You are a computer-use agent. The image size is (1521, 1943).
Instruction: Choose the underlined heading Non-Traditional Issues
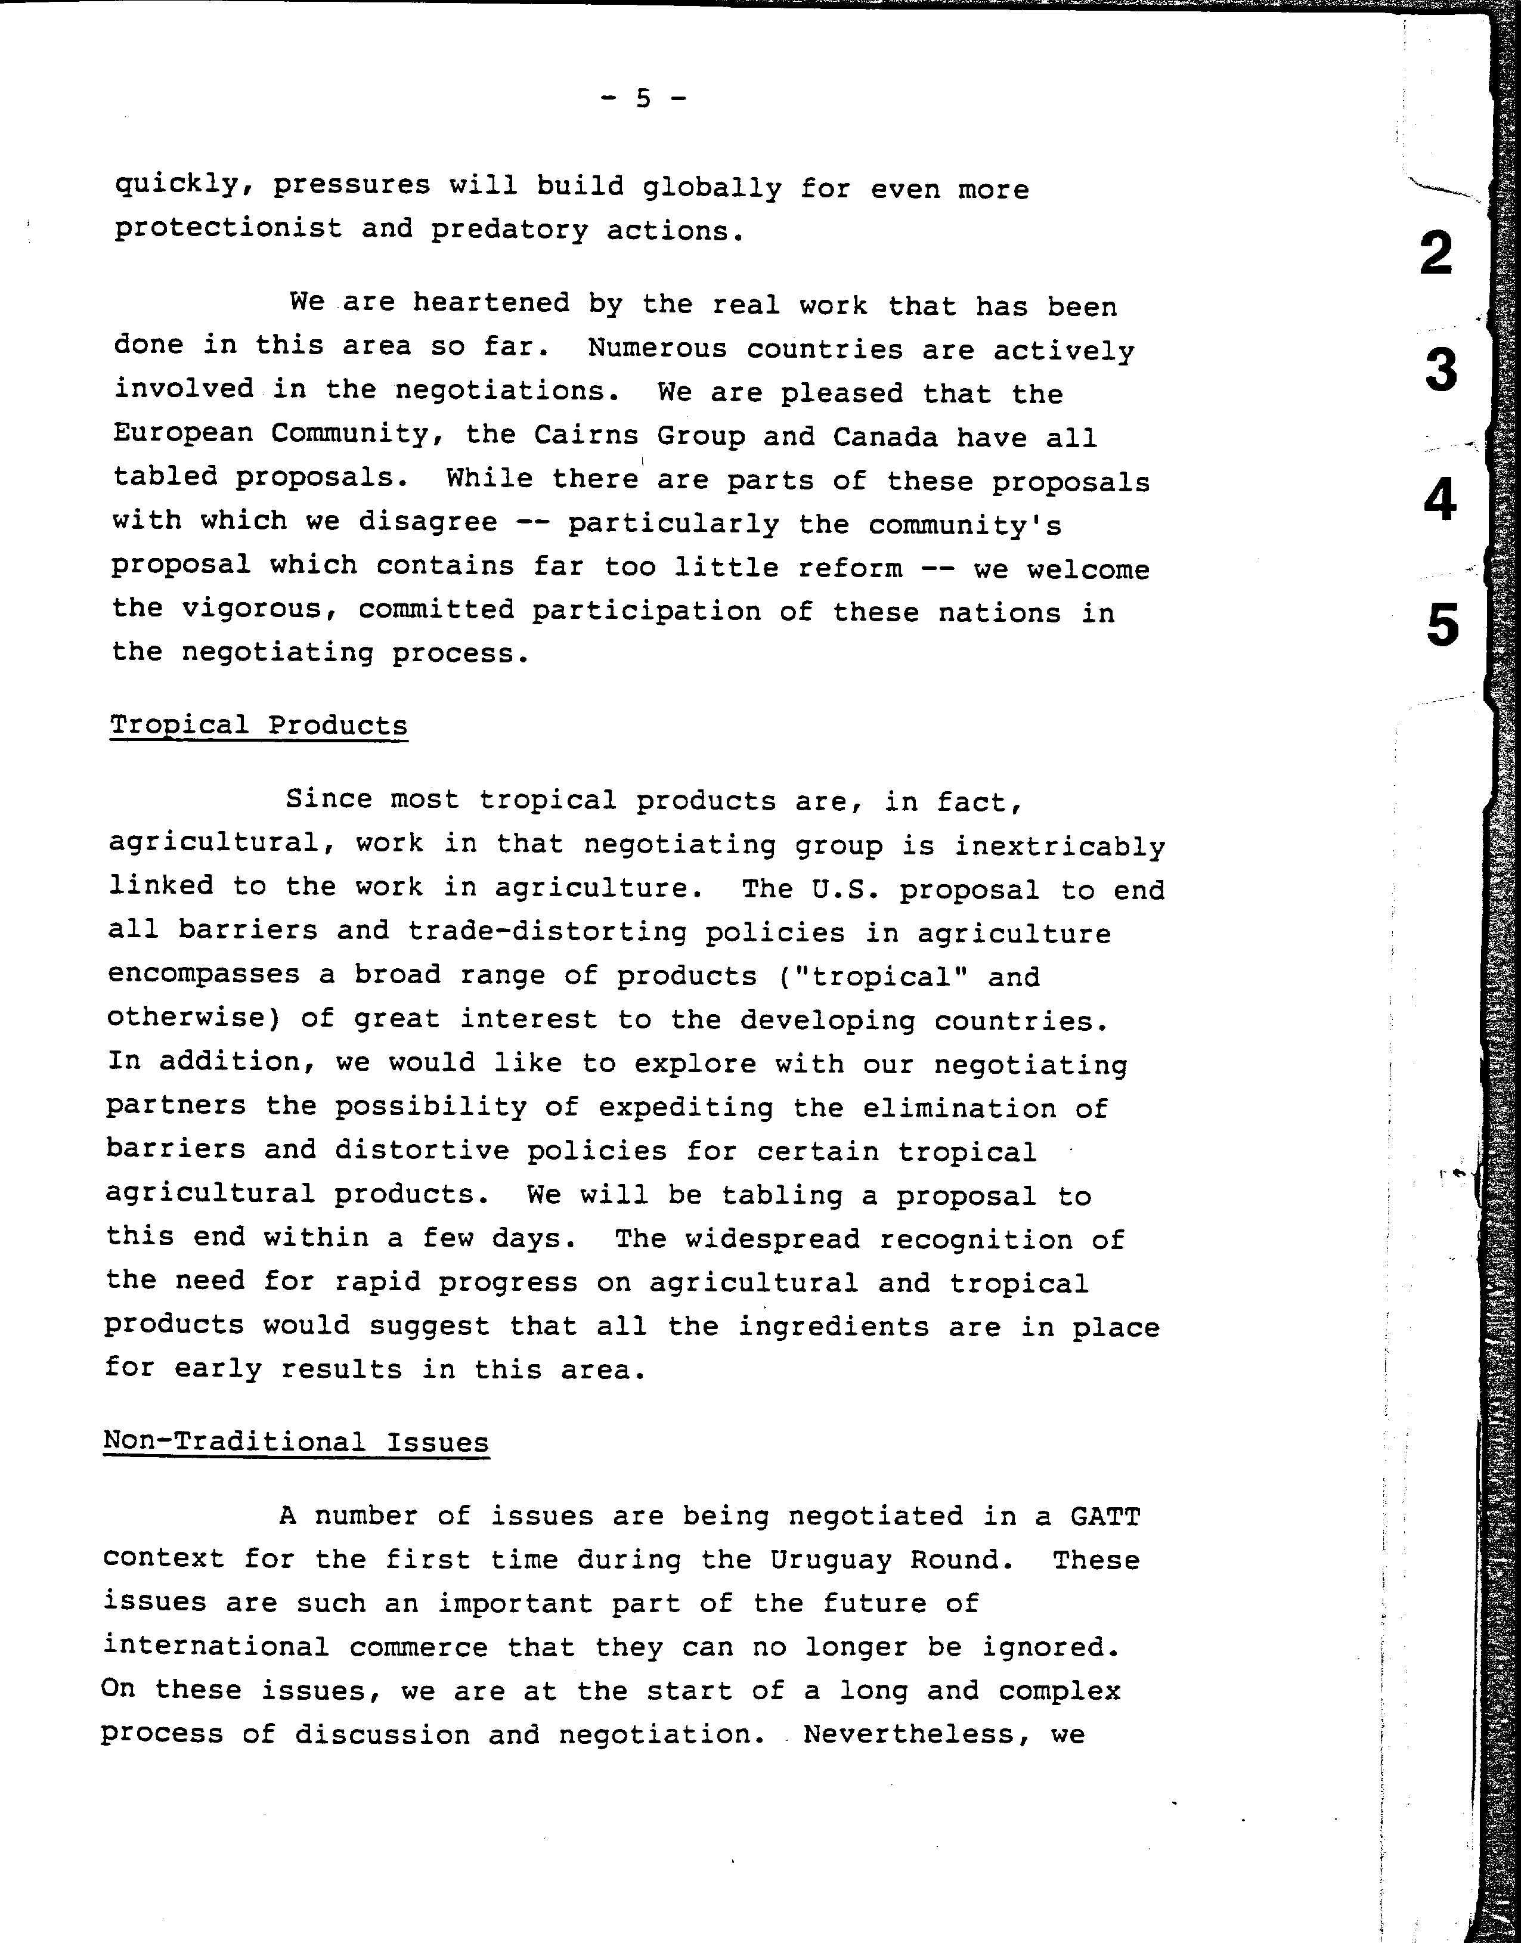pos(296,1442)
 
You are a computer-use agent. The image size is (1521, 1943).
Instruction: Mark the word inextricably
pos(1060,846)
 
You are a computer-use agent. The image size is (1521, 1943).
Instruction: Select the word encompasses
pos(204,974)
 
